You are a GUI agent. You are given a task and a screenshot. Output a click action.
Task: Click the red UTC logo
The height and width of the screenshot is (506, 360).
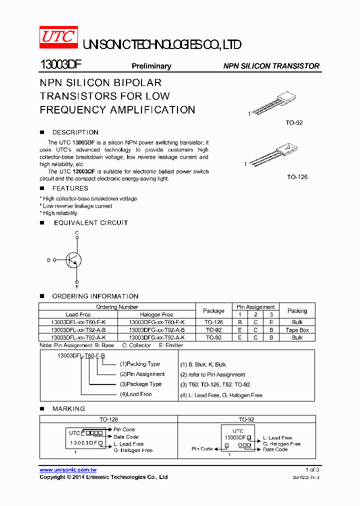[58, 37]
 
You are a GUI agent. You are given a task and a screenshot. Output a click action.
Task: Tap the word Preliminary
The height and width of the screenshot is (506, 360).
[151, 66]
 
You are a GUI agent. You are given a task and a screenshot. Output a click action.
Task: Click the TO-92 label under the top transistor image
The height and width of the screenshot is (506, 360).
[294, 122]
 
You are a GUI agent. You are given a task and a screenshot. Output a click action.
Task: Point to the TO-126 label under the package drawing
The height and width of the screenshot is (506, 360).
[297, 177]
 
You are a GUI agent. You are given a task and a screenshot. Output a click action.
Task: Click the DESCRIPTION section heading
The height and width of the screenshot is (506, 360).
[75, 132]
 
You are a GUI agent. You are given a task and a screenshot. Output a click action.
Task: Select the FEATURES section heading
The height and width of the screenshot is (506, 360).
[70, 188]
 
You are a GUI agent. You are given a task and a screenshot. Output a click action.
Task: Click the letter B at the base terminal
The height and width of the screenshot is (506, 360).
[48, 260]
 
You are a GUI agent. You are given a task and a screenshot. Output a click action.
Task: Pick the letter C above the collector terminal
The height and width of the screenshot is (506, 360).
[77, 233]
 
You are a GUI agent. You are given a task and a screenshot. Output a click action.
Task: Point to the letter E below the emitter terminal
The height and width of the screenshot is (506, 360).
[77, 286]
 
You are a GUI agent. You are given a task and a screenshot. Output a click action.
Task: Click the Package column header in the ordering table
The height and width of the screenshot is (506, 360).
[213, 310]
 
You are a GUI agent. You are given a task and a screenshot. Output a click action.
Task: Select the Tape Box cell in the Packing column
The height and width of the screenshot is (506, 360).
[297, 330]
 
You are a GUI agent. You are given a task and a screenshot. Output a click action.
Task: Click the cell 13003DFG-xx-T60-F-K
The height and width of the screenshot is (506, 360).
[156, 322]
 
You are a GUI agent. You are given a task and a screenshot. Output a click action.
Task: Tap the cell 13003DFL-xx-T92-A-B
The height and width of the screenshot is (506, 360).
[78, 330]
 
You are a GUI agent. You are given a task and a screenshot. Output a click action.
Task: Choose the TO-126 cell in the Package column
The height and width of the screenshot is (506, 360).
[213, 322]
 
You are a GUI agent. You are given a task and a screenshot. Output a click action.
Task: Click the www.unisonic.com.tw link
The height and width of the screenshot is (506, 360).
[68, 469]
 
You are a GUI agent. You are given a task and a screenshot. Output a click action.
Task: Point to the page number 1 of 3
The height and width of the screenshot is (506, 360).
[312, 469]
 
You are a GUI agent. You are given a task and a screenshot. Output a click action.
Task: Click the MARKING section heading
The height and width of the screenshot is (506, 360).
[68, 408]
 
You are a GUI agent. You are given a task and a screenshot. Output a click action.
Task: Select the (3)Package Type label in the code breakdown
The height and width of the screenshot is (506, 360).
[140, 384]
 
